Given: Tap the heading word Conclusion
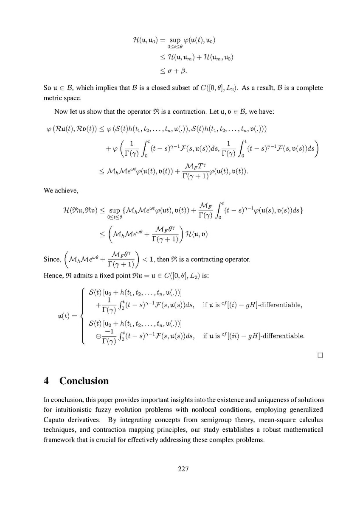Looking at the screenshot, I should (84, 380).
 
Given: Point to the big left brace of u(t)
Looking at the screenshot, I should (82, 315).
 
